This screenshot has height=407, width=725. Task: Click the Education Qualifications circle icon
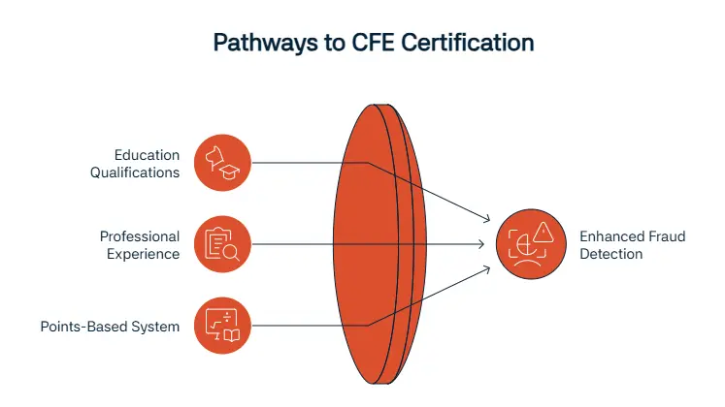(222, 163)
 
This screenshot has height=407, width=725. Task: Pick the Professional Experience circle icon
(222, 244)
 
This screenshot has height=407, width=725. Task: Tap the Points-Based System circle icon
(222, 326)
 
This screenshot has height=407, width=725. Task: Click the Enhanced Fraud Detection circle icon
(524, 244)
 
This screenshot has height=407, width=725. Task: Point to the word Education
(147, 155)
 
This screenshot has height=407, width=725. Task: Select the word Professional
(140, 236)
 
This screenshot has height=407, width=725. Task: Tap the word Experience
(145, 254)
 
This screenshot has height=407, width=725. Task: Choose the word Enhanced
(609, 236)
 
